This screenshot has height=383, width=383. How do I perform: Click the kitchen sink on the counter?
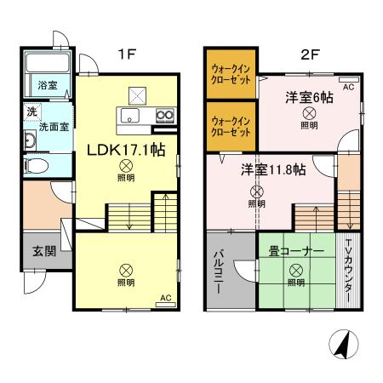pos(131,117)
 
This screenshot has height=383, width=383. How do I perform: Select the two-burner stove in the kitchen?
pos(164,117)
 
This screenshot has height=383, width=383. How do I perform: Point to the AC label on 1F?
pos(165,298)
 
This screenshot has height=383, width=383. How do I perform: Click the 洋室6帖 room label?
pos(308,98)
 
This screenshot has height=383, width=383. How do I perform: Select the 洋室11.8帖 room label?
pos(272,169)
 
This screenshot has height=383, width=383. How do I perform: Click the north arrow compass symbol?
pos(341,346)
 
